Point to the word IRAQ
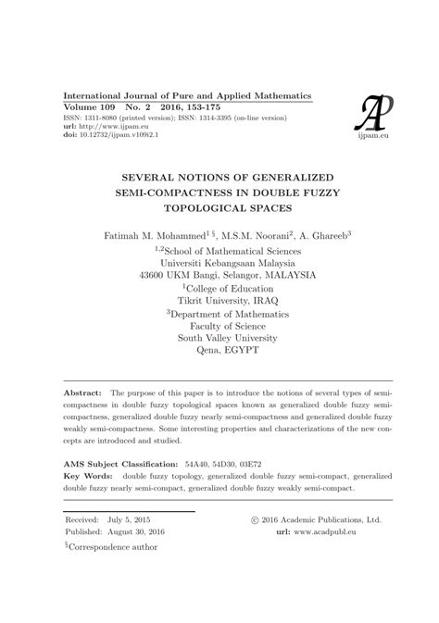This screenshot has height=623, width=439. pos(262,301)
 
